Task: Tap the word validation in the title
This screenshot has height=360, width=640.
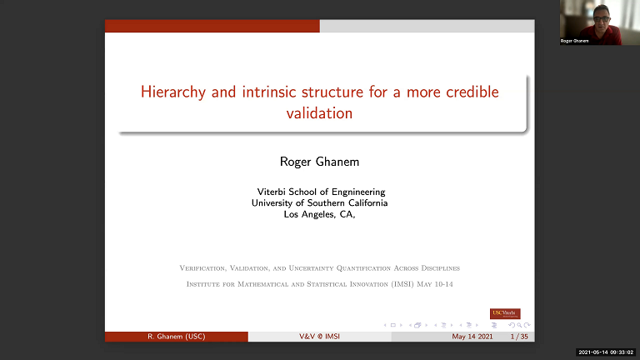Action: pyautogui.click(x=319, y=112)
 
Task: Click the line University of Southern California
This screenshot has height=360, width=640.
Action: pyautogui.click(x=319, y=202)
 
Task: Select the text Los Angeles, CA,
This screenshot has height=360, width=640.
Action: pyautogui.click(x=319, y=214)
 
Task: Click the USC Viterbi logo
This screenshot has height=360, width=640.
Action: pyautogui.click(x=505, y=313)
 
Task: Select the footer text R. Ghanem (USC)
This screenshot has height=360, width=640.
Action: pyautogui.click(x=176, y=337)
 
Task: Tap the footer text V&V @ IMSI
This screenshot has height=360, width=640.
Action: pyautogui.click(x=319, y=337)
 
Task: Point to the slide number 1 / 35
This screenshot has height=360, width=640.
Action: pyautogui.click(x=518, y=337)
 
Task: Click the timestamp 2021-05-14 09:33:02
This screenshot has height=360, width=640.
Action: pyautogui.click(x=606, y=352)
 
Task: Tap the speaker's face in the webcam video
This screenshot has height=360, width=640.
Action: pyautogui.click(x=598, y=15)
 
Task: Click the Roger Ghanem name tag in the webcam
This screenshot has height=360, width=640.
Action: pyautogui.click(x=575, y=41)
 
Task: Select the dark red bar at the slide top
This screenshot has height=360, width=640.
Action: pyautogui.click(x=212, y=27)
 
